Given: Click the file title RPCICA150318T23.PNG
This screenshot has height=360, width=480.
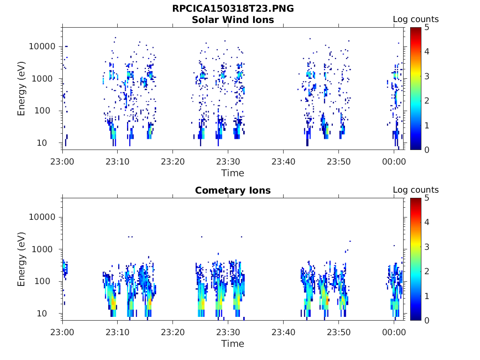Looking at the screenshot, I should coord(233,8).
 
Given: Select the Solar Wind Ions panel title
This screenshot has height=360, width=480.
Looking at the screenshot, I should coord(233,20).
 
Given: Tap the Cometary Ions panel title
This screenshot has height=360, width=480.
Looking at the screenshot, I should coord(233,190).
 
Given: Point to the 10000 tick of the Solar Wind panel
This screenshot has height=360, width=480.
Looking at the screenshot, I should coord(43,46).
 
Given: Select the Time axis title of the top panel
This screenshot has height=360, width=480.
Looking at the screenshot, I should coord(233,173).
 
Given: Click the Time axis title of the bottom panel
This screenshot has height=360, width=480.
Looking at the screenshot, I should coord(233,344).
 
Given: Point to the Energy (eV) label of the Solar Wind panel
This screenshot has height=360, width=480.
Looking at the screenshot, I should coord(22,89).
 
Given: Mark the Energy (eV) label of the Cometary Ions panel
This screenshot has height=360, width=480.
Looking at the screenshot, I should coord(22,259).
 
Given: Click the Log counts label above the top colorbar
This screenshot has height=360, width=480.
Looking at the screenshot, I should coord(416,19).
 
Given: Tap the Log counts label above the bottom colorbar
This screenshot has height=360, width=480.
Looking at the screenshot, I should coord(416,190).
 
